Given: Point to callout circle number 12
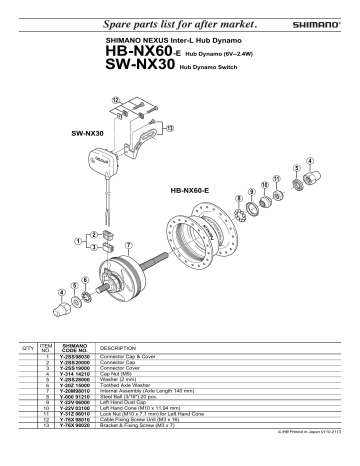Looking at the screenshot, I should tap(116, 101).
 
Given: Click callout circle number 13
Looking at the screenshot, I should tap(168, 128).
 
